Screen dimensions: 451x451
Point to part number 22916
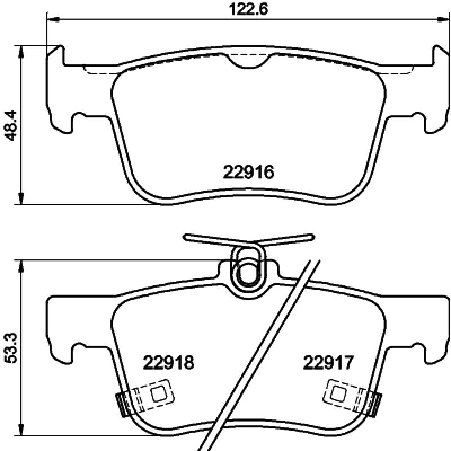249,171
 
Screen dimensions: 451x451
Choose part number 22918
169,362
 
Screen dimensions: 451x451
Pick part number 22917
328,362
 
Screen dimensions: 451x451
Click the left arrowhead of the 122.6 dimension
50,20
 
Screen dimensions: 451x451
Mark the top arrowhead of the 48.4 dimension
21,50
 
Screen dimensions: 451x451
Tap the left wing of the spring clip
209,240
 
